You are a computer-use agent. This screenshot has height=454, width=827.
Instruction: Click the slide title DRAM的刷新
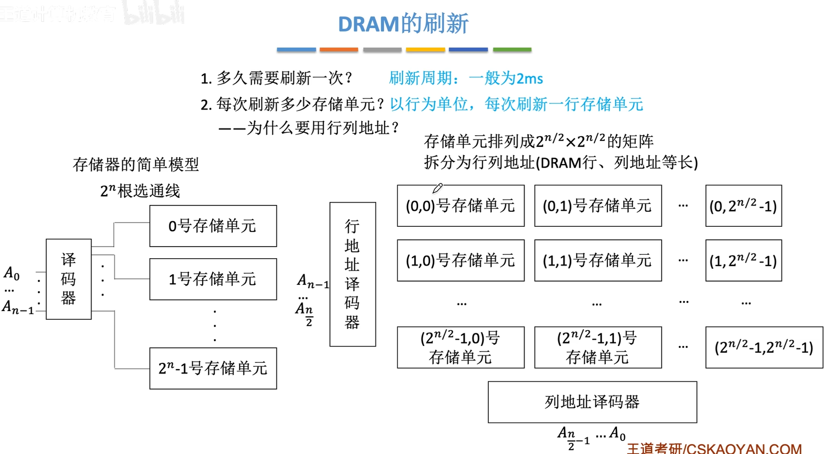[x=403, y=24]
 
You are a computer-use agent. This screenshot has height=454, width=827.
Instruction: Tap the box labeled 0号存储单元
[x=213, y=226]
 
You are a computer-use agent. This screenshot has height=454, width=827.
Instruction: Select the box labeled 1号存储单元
[x=213, y=279]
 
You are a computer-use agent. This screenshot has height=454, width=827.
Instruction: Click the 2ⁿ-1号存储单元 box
[x=213, y=368]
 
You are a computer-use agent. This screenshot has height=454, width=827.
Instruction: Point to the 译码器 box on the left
[x=69, y=279]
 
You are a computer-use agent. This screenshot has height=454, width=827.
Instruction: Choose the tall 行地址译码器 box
[x=352, y=274]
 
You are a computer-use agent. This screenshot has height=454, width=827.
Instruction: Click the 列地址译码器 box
[x=592, y=402]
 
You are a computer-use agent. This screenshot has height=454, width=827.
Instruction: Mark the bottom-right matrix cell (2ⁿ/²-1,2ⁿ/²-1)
[x=764, y=347]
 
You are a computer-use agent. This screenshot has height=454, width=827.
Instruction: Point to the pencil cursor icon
[x=437, y=188]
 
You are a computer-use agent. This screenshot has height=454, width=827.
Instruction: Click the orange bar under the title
[x=339, y=49]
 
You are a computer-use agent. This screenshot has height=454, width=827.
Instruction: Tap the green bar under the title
[x=512, y=49]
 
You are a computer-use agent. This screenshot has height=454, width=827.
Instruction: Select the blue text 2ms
[x=529, y=78]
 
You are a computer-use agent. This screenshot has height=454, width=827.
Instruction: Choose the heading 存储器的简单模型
[x=136, y=165]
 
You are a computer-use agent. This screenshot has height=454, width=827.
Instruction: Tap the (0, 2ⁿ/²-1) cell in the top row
[x=743, y=206]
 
